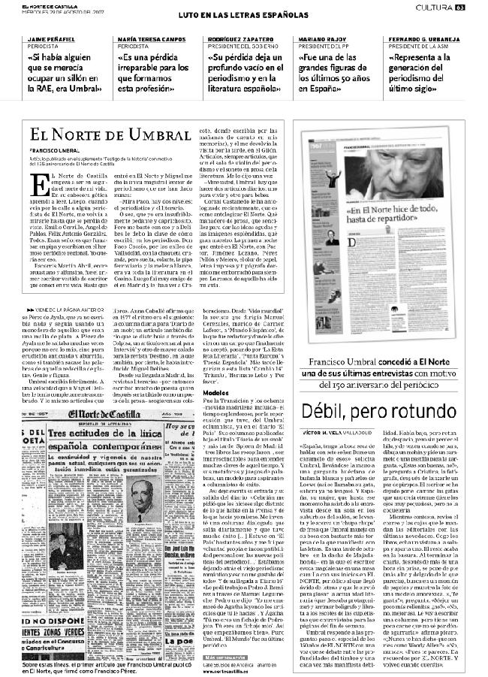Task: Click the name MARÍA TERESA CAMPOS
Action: pos(148,38)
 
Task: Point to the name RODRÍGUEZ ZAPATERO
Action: pos(239,38)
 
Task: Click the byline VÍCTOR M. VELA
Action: pos(347,433)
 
